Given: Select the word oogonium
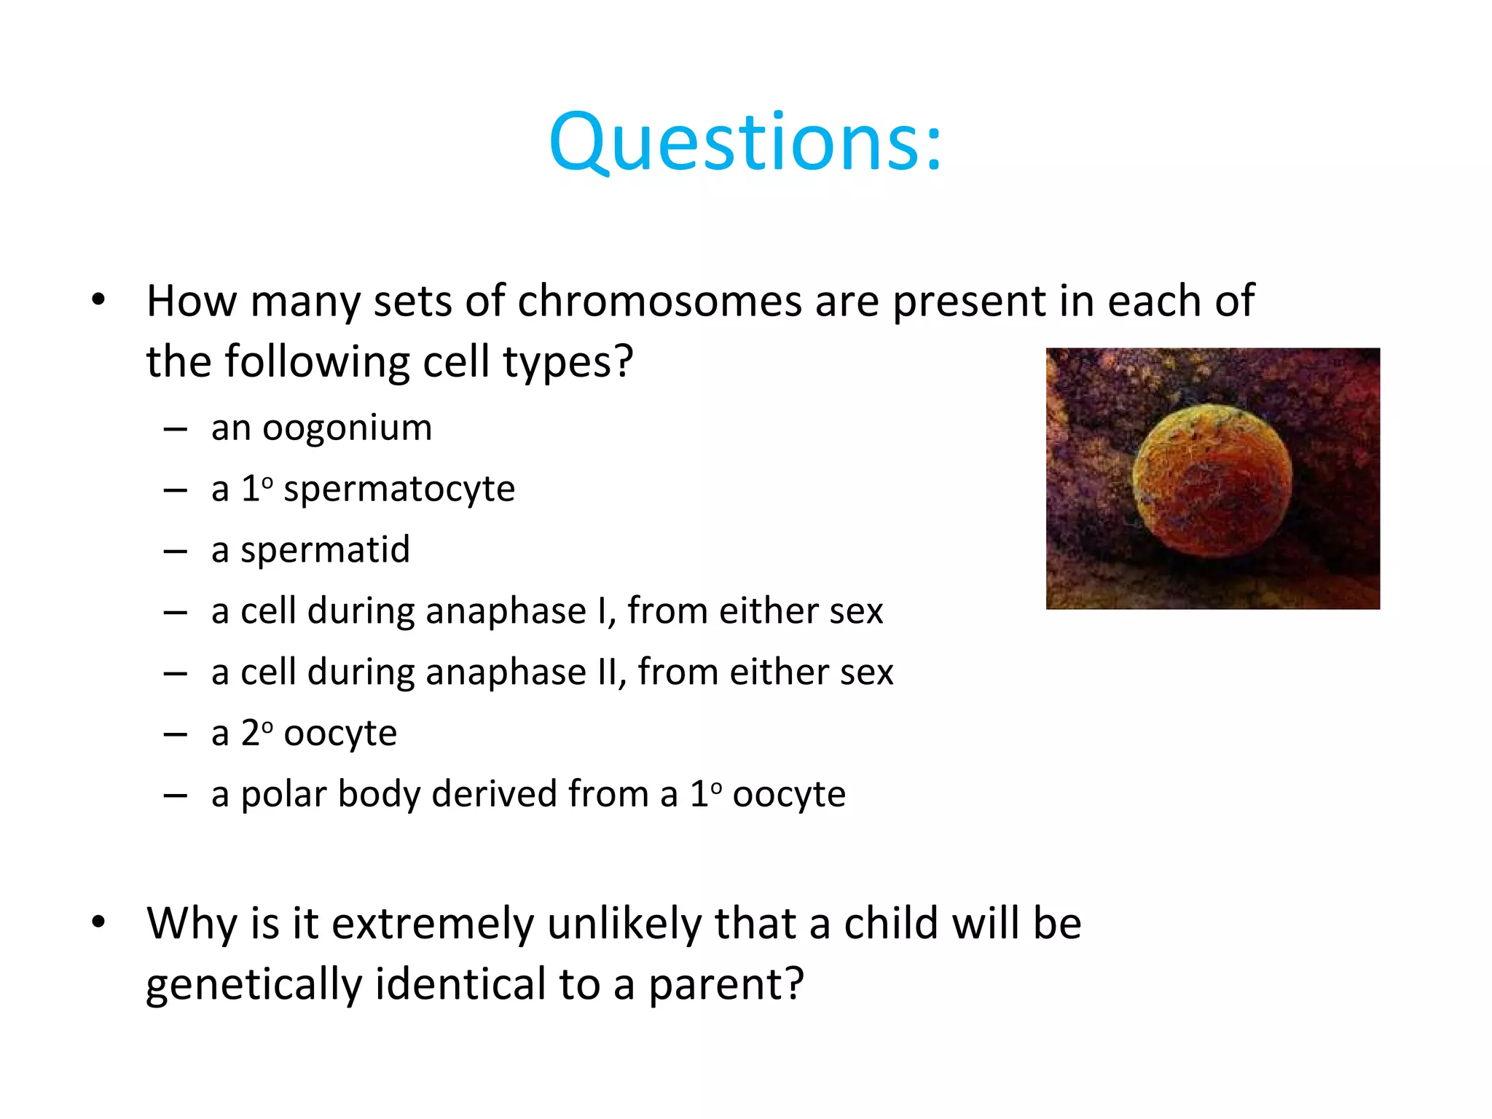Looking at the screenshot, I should click(x=347, y=428).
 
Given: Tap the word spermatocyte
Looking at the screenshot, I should click(x=399, y=490).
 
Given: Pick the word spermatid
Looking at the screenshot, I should click(x=325, y=550).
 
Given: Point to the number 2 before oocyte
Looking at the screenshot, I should click(x=250, y=733).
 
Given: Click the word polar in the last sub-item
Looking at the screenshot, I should click(x=283, y=794).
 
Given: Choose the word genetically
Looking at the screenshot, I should click(x=254, y=984).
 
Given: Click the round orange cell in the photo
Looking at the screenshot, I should click(x=1212, y=481).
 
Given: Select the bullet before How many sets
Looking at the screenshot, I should click(x=99, y=299).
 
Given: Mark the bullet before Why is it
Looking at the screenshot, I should click(x=99, y=922).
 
